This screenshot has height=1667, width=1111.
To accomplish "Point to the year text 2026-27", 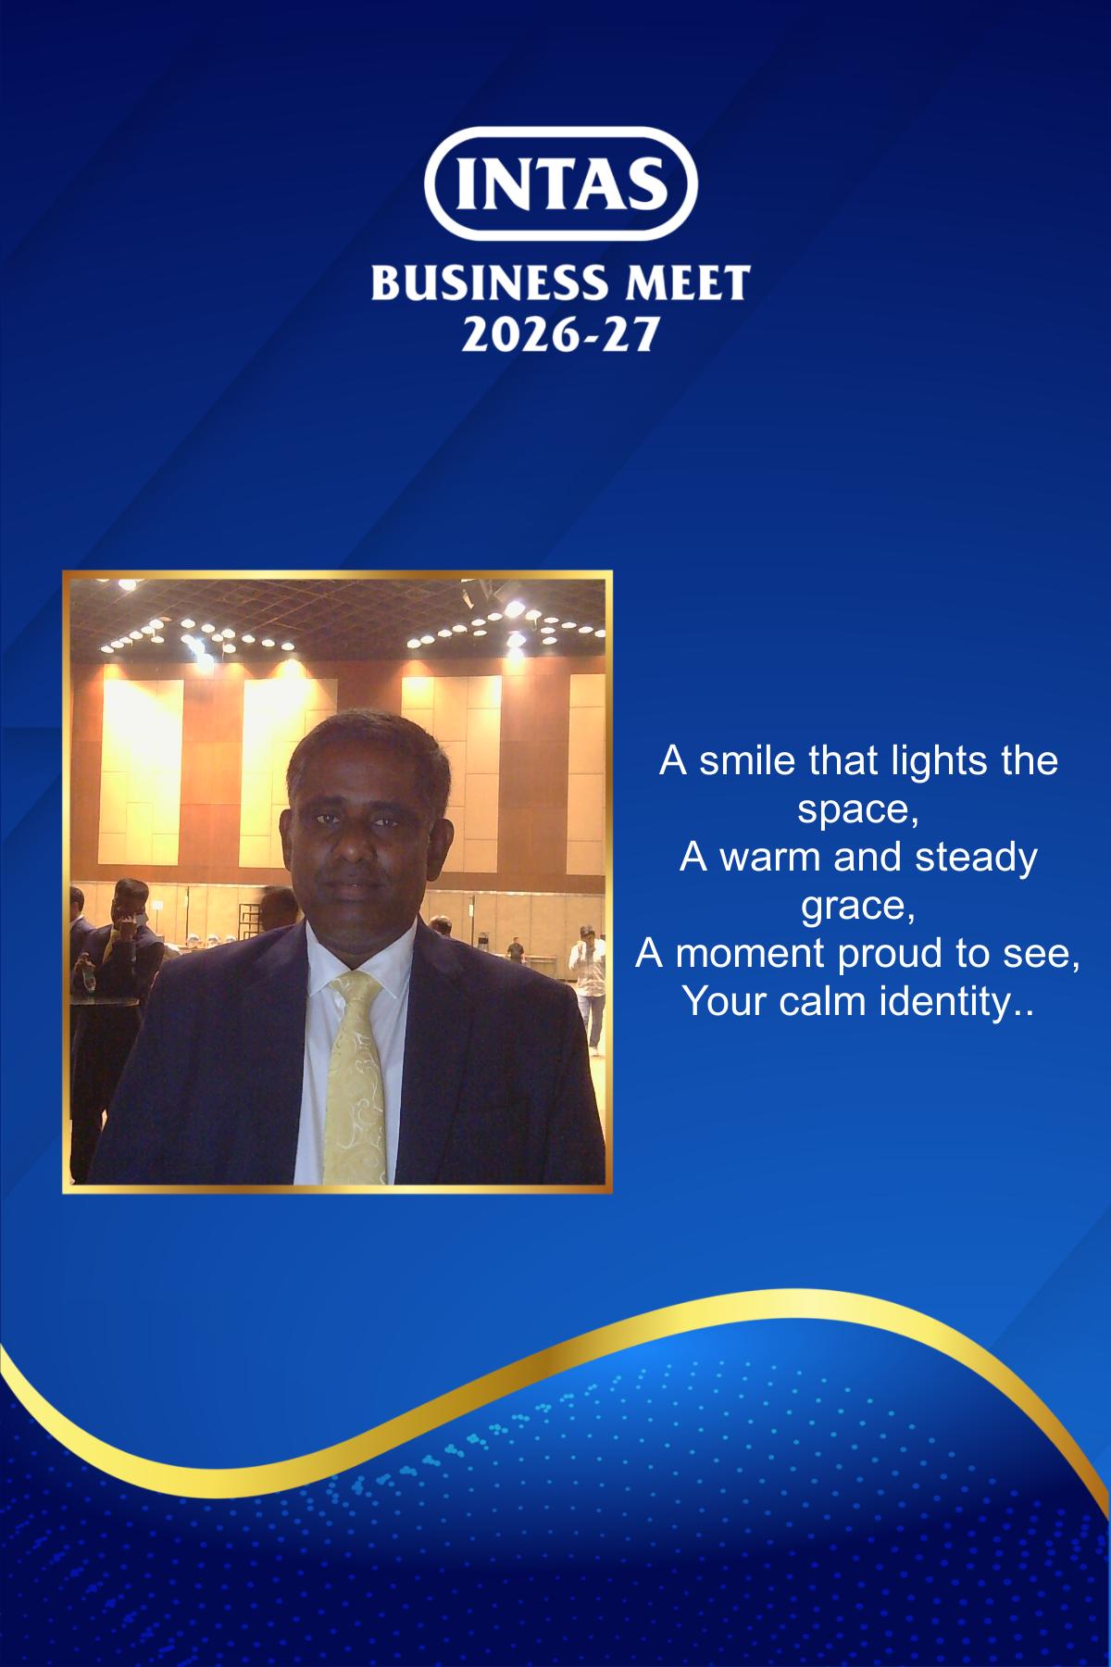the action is coord(559,332).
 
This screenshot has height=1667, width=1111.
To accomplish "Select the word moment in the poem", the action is coord(740,954).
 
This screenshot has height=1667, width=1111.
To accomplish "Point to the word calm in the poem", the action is coord(815,1002).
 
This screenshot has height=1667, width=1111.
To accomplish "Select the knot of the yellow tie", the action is coord(356,990).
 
